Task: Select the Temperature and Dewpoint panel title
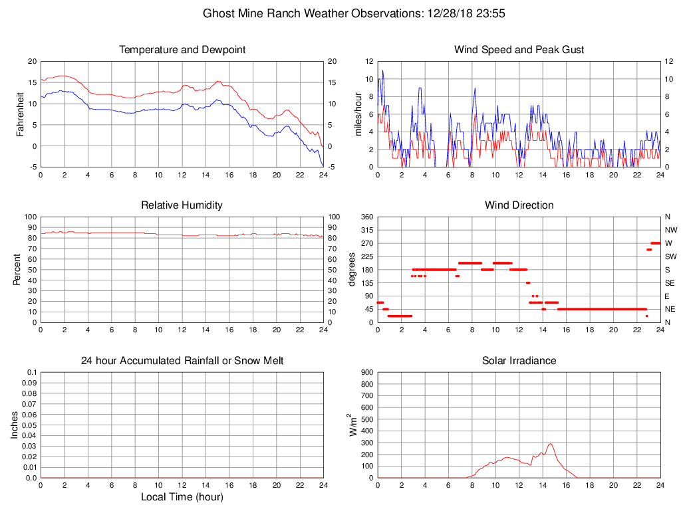tap(182, 50)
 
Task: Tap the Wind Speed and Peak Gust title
tap(519, 50)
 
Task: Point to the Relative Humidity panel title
tap(182, 205)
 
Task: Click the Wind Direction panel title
tap(519, 205)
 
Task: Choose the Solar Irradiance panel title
tap(519, 361)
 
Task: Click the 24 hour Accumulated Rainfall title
tap(182, 361)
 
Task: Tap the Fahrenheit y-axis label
tap(20, 114)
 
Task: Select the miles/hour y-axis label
tap(358, 114)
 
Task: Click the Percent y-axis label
tap(17, 270)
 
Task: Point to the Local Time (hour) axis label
tap(182, 496)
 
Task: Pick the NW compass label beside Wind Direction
tap(670, 230)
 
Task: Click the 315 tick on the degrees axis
tap(366, 230)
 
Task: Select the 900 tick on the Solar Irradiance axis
tap(366, 373)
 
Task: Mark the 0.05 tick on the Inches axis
tap(29, 425)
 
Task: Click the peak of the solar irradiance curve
tap(551, 444)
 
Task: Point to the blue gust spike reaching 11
tap(382, 70)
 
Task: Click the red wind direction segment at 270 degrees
tap(655, 243)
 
